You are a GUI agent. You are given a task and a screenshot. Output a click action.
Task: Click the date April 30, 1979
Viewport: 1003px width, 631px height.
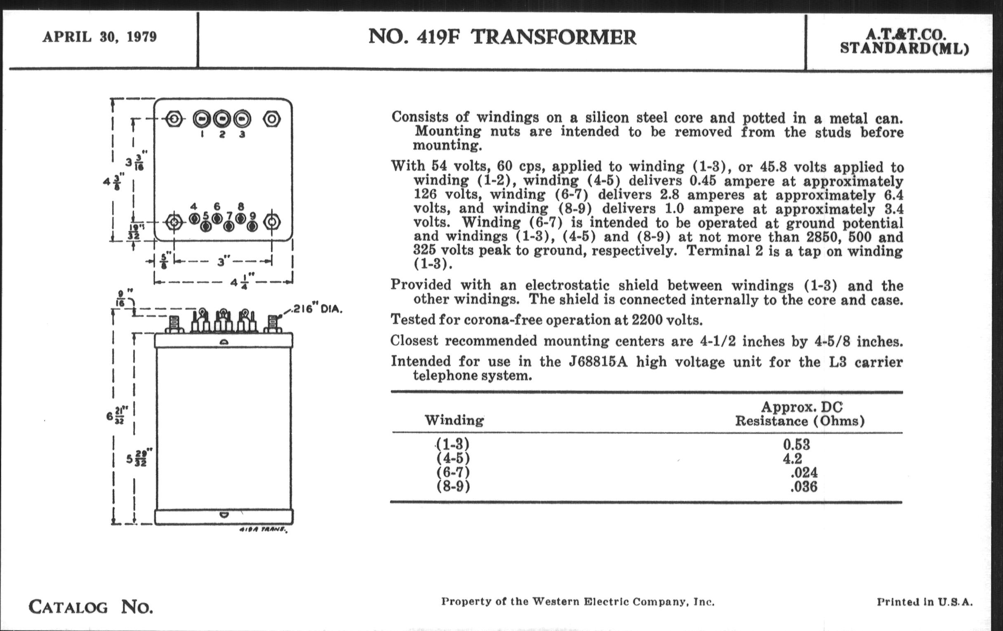[99, 37]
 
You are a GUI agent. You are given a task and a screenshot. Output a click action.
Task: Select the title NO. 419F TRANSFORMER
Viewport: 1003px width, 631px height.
[502, 37]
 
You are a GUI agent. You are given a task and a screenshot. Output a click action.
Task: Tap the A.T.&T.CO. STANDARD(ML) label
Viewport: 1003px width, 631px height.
[904, 42]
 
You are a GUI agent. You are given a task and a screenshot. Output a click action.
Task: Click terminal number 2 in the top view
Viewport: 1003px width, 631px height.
[222, 134]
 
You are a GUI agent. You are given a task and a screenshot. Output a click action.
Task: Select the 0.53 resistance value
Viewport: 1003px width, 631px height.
[796, 445]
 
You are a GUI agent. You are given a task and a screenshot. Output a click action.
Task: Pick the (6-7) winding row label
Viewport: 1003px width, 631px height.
[453, 472]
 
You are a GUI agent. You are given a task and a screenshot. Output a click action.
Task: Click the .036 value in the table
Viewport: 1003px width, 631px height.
[803, 487]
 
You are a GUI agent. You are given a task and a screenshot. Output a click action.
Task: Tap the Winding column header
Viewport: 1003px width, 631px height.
[454, 420]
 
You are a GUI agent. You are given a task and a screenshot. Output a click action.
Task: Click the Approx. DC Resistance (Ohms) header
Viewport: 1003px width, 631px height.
[800, 414]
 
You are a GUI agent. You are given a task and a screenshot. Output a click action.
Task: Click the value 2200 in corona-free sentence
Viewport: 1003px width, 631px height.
[647, 320]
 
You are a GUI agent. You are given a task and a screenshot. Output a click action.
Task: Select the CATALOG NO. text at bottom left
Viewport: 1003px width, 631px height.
[91, 607]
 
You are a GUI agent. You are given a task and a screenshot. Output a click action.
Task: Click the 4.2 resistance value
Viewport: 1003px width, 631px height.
[792, 459]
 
